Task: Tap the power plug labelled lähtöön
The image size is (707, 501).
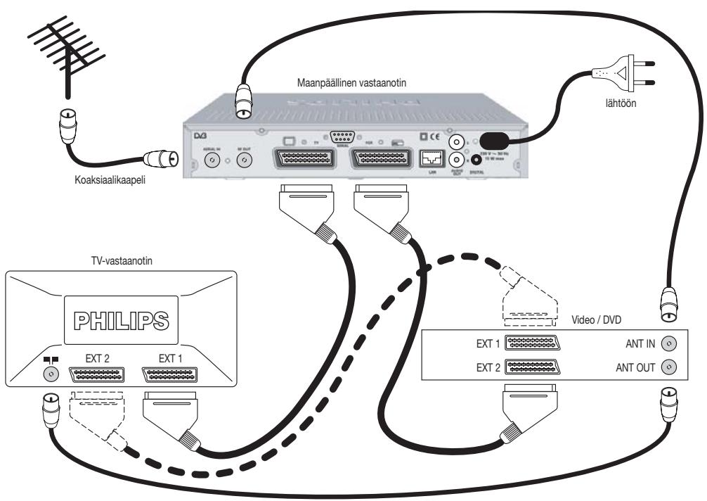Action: tap(625, 70)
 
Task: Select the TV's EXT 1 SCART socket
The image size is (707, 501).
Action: tap(171, 374)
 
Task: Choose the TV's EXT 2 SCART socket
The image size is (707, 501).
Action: tap(97, 374)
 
